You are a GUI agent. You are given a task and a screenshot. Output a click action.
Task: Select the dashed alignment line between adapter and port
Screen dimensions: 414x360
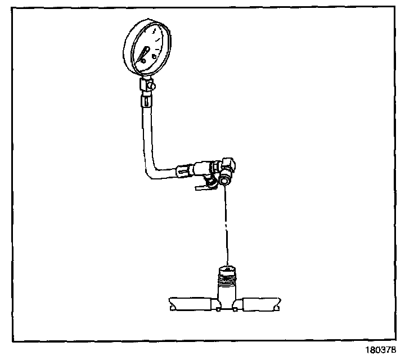tap(226, 225)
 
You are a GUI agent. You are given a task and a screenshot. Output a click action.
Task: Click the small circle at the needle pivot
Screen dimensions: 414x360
tap(143, 57)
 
